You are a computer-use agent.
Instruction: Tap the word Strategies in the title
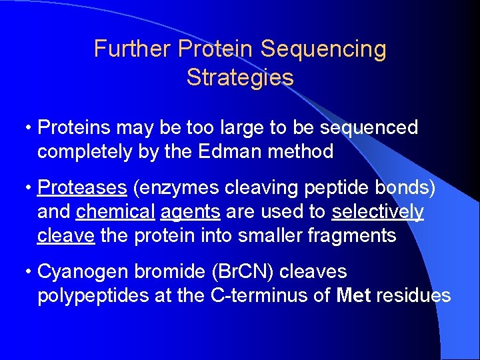point(240,77)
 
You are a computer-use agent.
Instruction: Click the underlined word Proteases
point(83,189)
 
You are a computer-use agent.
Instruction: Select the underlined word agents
point(191,212)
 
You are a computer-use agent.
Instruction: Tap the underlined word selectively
point(377,212)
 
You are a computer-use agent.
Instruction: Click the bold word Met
point(354,296)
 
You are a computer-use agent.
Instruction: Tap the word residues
point(413,296)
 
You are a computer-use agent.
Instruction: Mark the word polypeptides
point(93,296)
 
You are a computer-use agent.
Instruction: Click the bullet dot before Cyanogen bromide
point(27,272)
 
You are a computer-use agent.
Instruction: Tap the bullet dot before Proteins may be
point(27,128)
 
